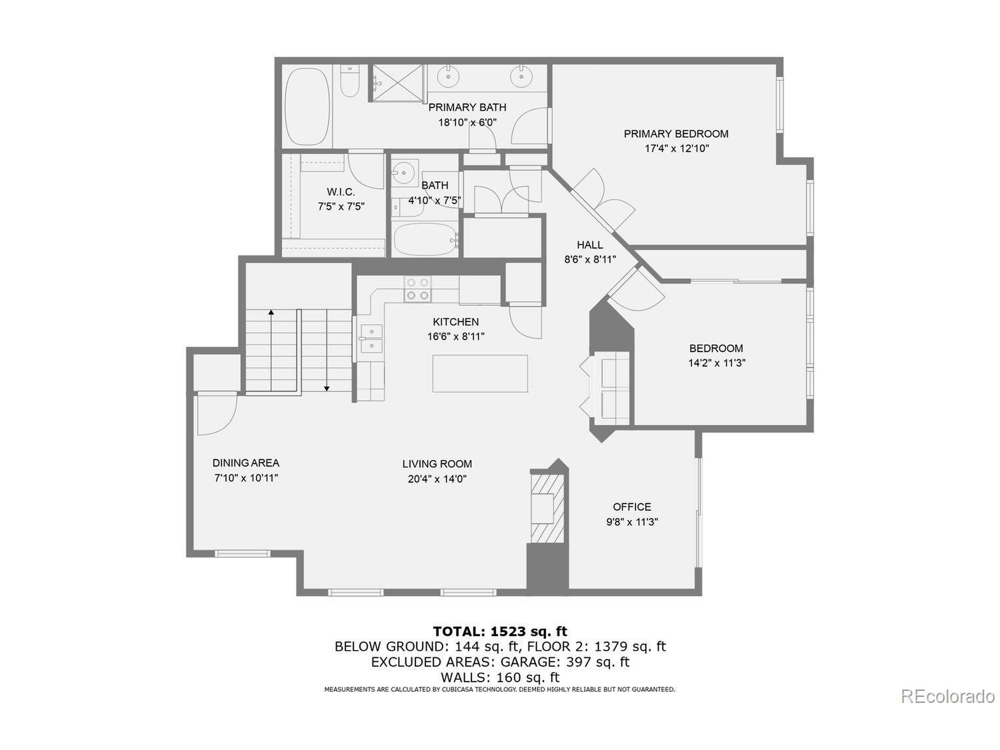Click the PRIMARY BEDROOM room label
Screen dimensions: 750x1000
pyautogui.click(x=676, y=134)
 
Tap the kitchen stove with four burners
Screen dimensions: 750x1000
pyautogui.click(x=417, y=289)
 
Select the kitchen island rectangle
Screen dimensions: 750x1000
pyautogui.click(x=480, y=373)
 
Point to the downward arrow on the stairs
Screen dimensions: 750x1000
pyautogui.click(x=327, y=388)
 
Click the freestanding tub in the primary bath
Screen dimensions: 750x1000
pyautogui.click(x=307, y=107)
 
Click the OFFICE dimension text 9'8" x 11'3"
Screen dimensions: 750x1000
pyautogui.click(x=632, y=522)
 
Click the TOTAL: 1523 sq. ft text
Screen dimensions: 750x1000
pyautogui.click(x=500, y=631)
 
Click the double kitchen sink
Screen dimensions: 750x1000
pyautogui.click(x=371, y=339)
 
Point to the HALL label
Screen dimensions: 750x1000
pyautogui.click(x=589, y=245)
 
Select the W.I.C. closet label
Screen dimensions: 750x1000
pyautogui.click(x=341, y=192)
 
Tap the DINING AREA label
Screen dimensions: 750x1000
pyautogui.click(x=245, y=463)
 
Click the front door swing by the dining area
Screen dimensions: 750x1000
pyautogui.click(x=216, y=414)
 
